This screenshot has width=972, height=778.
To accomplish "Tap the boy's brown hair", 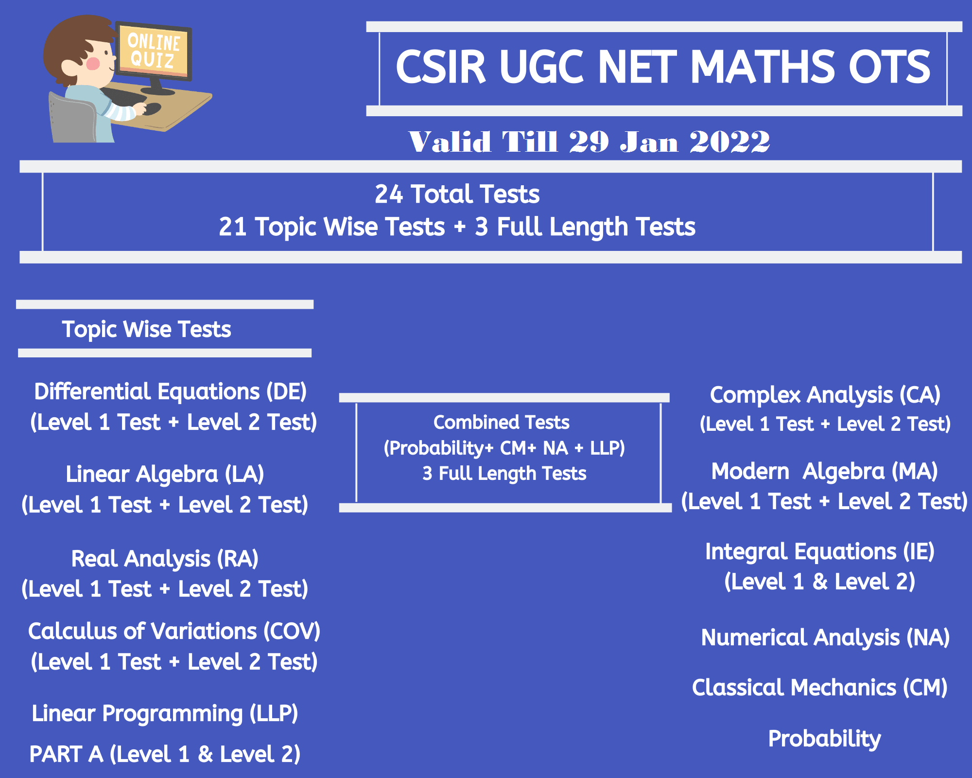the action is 73,41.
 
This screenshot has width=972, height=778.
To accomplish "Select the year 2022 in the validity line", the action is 729,142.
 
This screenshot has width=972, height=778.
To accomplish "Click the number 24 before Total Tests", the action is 389,194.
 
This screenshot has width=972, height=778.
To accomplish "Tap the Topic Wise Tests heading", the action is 146,329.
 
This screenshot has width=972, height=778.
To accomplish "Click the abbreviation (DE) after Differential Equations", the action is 287,392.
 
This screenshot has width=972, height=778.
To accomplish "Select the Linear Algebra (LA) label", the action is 165,475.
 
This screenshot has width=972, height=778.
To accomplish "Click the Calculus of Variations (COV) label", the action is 174,632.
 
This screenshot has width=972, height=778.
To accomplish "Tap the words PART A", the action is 66,754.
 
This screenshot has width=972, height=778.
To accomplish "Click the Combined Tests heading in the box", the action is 501,422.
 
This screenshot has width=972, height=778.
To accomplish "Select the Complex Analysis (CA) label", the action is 825,395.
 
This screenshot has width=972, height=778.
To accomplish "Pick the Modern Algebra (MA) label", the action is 825,472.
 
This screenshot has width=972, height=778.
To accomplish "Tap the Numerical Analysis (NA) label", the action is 825,638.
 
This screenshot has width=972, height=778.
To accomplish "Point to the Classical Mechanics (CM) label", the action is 820,688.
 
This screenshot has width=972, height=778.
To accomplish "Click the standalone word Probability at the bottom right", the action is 824,739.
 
